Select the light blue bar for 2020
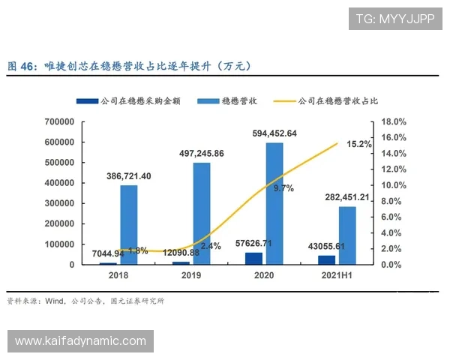(274, 203)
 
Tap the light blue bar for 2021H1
(347, 235)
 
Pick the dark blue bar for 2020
(254, 259)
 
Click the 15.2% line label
(359, 144)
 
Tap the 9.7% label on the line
(283, 188)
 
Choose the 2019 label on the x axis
(191, 275)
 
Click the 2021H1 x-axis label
(337, 275)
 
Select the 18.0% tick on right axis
(394, 121)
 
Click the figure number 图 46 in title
(21, 67)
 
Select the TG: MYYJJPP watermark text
(394, 17)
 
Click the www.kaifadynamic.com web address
(80, 341)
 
